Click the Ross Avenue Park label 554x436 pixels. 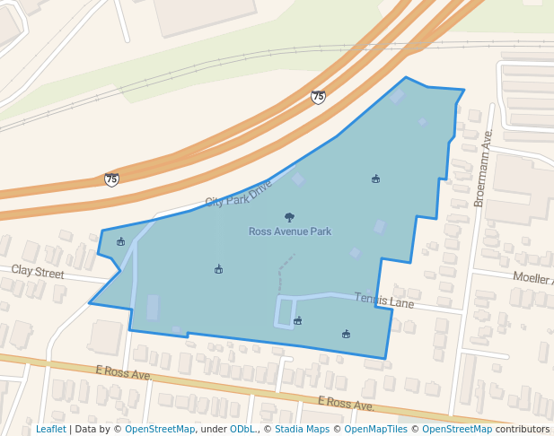(289, 231)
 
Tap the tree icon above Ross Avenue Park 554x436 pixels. (289, 217)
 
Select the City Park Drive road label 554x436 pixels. (238, 193)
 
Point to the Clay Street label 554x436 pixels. (38, 271)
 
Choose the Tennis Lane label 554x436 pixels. (383, 300)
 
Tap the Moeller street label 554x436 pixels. (532, 278)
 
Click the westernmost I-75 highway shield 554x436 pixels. (111, 179)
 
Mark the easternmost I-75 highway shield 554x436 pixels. (318, 96)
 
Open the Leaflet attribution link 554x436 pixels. (50, 429)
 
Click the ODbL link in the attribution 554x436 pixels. (242, 429)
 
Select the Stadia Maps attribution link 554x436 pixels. (302, 429)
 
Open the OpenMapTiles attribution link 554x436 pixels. (370, 429)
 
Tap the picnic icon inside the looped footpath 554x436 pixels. (298, 320)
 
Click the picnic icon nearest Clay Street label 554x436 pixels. (121, 241)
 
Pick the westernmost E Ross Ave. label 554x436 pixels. (123, 372)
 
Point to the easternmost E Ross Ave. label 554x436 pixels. (346, 405)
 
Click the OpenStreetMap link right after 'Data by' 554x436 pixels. (160, 429)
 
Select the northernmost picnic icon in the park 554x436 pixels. (375, 179)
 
